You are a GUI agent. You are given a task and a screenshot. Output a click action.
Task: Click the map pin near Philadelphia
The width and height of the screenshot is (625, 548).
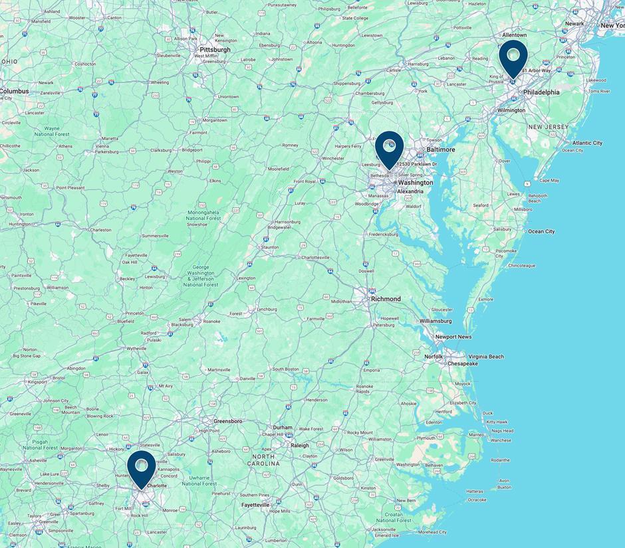(x=513, y=57)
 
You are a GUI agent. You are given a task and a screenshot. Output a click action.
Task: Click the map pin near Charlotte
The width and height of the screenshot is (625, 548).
(x=141, y=468)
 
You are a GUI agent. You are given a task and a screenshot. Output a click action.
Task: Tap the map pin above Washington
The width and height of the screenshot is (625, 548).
(x=389, y=148)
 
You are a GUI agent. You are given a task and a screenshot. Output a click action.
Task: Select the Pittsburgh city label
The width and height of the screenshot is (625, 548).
(x=215, y=50)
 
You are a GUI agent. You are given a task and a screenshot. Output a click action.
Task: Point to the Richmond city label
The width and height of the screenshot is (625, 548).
(x=386, y=299)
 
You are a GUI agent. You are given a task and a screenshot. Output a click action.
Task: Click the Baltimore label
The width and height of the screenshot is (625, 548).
(x=441, y=149)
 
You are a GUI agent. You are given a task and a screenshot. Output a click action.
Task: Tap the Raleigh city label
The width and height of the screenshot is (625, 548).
(x=299, y=445)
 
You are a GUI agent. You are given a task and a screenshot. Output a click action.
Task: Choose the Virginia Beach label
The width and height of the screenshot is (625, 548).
(x=486, y=357)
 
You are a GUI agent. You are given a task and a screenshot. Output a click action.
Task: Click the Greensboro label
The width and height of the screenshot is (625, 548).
(x=227, y=421)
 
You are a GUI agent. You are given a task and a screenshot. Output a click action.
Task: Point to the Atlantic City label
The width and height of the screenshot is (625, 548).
(x=587, y=143)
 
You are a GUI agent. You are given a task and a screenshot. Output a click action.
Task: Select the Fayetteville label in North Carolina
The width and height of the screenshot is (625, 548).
(x=255, y=505)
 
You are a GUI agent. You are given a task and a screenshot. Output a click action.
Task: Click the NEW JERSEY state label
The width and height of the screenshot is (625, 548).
(x=549, y=126)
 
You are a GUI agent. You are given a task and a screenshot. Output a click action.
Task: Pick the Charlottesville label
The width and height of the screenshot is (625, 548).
(x=313, y=257)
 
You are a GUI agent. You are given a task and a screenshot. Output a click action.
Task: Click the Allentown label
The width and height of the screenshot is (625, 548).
(x=514, y=35)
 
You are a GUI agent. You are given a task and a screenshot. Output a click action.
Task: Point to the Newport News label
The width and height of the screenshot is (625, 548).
(x=453, y=337)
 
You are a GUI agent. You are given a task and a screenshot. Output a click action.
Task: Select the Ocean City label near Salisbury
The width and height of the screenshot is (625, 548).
(x=541, y=231)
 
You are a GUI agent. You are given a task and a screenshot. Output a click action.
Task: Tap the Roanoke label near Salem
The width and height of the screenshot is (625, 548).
(x=211, y=321)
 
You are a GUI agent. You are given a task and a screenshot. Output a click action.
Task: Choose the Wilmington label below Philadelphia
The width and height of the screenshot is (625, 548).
(x=511, y=110)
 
